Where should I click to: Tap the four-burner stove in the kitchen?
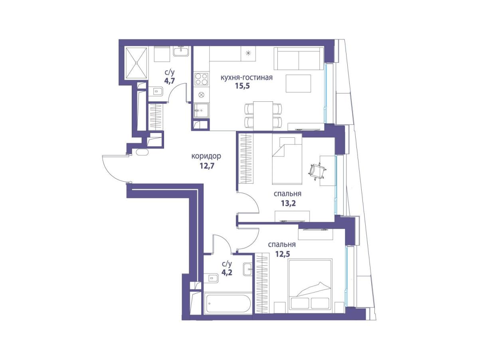pos(201,79)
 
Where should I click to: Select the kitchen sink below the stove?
pos(201,111)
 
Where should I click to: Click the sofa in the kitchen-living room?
pos(298,59)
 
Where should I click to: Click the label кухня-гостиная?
pos(247,77)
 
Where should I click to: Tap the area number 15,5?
pos(242,86)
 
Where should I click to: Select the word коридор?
pos(206,156)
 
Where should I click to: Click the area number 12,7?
pos(207,166)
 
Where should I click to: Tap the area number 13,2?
pos(288,204)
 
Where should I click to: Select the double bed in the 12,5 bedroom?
pos(310,286)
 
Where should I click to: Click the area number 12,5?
pos(282,254)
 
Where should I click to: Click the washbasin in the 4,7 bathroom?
pos(181,52)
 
